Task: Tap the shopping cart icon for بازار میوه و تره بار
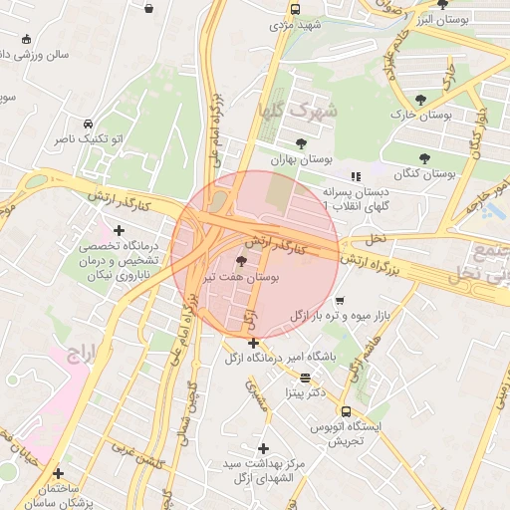pyautogui.click(x=340, y=299)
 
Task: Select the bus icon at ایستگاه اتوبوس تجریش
pyautogui.click(x=346, y=411)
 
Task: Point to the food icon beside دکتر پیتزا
pyautogui.click(x=305, y=378)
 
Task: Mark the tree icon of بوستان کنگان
pyautogui.click(x=425, y=157)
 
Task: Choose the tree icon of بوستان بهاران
pyautogui.click(x=301, y=143)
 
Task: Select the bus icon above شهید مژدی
pyautogui.click(x=295, y=9)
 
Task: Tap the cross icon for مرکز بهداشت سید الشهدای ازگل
pyautogui.click(x=263, y=448)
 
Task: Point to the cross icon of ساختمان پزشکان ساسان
pyautogui.click(x=58, y=473)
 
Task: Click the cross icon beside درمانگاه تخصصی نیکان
pyautogui.click(x=119, y=230)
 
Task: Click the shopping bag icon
pyautogui.click(x=148, y=9)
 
